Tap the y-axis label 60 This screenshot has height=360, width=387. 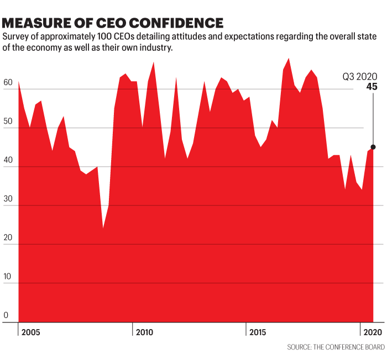(8, 82)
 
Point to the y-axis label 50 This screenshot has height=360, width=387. (8, 121)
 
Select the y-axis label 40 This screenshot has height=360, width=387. (8, 160)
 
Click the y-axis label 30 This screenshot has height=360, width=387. (8, 199)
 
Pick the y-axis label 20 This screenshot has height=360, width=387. (8, 238)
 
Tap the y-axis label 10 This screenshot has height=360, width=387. (8, 277)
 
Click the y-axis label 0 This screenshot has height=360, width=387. (6, 315)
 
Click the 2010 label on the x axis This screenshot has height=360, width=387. (144, 332)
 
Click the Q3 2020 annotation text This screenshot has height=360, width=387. (358, 76)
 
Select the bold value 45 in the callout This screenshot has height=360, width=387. (372, 86)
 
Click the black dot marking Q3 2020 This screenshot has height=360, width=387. (373, 147)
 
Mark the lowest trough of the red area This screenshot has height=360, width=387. (103, 227)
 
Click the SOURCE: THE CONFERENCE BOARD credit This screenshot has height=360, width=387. (336, 347)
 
